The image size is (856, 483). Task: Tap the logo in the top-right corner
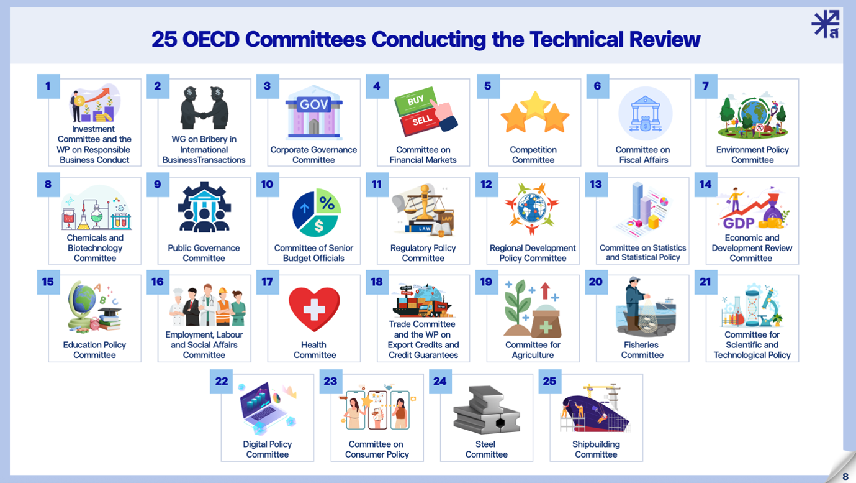tap(826, 24)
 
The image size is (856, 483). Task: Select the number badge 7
tap(705, 86)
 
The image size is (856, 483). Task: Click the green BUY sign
tap(416, 101)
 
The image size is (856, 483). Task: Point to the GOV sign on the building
tap(313, 104)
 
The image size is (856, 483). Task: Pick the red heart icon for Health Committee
tap(314, 309)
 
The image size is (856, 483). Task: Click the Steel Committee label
tap(486, 449)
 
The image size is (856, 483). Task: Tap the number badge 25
tap(549, 381)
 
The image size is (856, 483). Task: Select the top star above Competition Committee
tap(535, 105)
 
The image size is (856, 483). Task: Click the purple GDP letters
tap(739, 223)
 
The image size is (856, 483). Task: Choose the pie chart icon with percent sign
tap(317, 213)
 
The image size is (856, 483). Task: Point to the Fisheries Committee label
tap(642, 350)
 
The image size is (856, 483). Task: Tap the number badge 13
tap(596, 185)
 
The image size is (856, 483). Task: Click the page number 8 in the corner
tap(845, 477)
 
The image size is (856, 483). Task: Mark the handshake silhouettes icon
tap(204, 108)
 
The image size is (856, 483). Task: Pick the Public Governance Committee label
tap(204, 253)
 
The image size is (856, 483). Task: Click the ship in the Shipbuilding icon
tap(596, 413)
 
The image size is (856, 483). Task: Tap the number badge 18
tap(377, 282)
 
